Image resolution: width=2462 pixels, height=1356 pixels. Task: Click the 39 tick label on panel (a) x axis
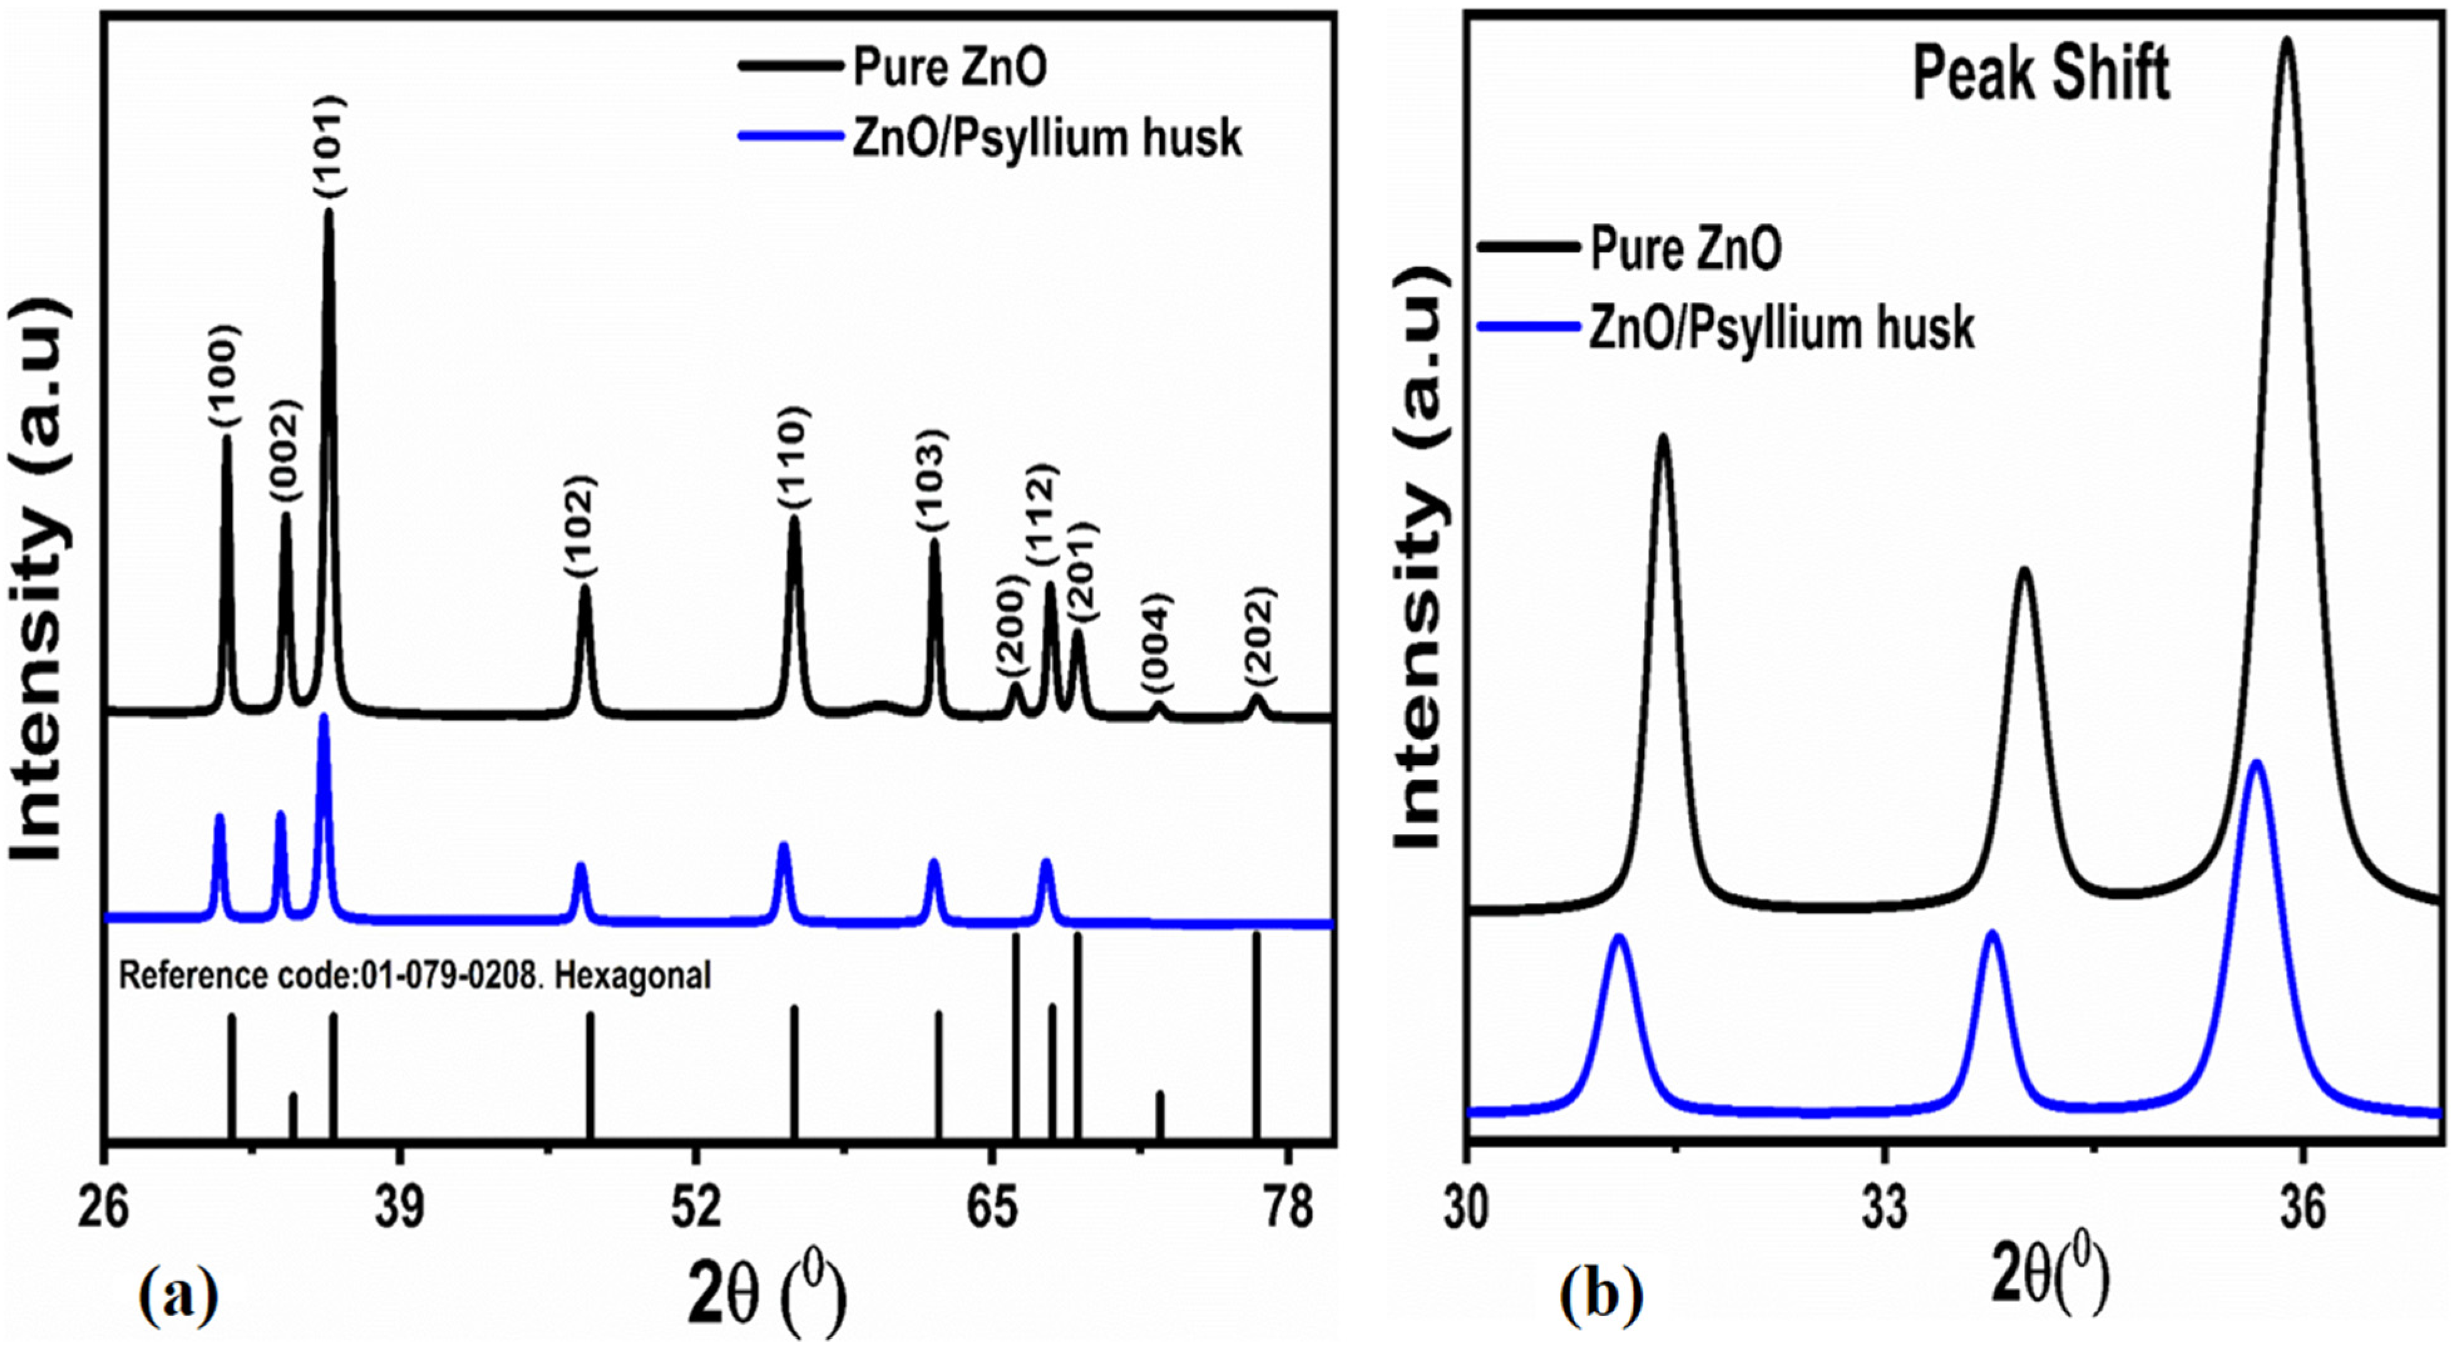(401, 1209)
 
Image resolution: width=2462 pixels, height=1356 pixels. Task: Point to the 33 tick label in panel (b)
(1885, 1209)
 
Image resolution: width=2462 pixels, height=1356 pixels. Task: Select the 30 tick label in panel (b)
(1467, 1209)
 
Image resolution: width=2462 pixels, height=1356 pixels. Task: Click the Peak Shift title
(2041, 75)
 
